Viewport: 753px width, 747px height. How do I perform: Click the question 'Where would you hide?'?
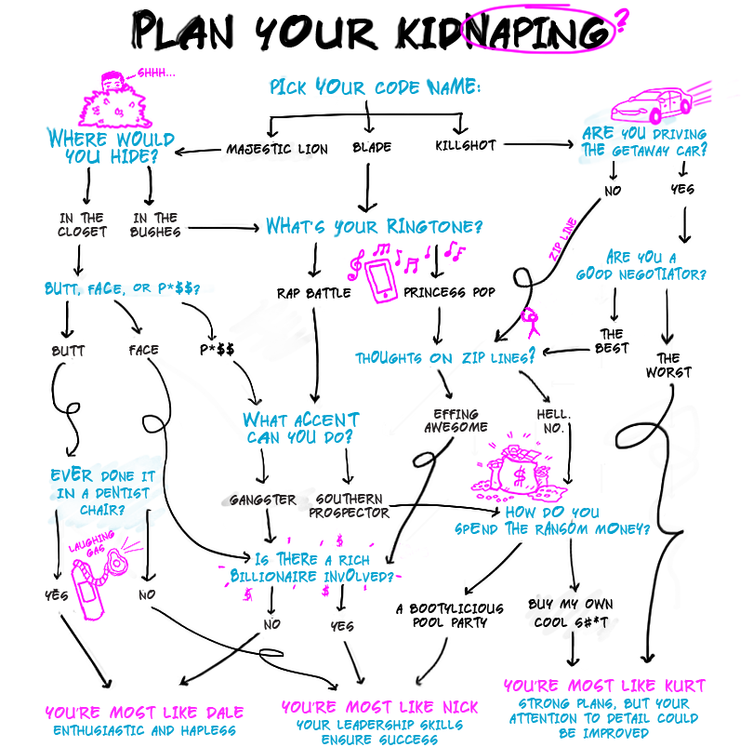tap(110, 147)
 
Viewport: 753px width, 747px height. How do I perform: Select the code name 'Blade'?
tap(372, 148)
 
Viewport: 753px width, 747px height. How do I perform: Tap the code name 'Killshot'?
tap(465, 145)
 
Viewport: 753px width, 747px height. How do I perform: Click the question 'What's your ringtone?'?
tap(374, 226)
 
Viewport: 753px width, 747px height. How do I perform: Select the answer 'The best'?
tap(612, 341)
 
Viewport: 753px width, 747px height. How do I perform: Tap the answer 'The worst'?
tap(668, 366)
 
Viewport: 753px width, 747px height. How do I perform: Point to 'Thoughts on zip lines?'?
tap(445, 357)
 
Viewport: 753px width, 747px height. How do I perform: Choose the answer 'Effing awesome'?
tap(456, 420)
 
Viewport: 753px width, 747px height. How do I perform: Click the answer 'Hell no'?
tap(552, 420)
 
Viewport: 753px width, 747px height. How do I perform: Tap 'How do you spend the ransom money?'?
tap(552, 521)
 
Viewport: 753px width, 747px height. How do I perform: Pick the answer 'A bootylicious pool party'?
tap(450, 616)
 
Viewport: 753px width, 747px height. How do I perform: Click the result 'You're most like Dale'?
tap(144, 714)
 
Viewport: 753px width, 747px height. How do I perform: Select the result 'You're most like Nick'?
tap(378, 708)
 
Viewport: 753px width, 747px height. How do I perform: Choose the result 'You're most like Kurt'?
tap(604, 687)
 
